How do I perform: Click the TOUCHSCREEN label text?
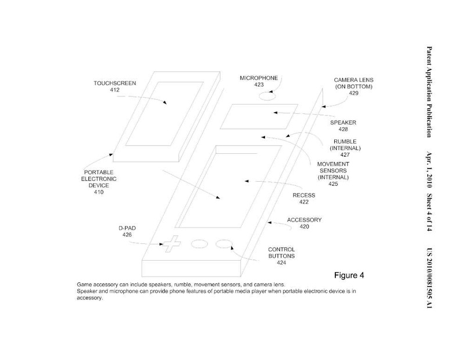coord(115,83)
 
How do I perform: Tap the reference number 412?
coord(115,90)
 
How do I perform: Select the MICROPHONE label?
coord(259,78)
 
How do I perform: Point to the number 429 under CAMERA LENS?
coord(353,93)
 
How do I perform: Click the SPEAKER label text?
coord(343,123)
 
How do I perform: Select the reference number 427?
coord(345,154)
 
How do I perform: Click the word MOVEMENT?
coord(333,164)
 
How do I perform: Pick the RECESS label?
coord(303,195)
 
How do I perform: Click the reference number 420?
coord(304,226)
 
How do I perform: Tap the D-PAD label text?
coord(127,228)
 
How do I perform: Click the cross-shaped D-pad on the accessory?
coord(171,244)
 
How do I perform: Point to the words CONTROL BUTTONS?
coord(281,253)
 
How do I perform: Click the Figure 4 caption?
coord(349,275)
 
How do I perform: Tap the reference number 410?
coord(99,192)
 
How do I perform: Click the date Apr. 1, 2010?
coord(429,170)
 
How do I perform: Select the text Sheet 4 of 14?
coord(429,213)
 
